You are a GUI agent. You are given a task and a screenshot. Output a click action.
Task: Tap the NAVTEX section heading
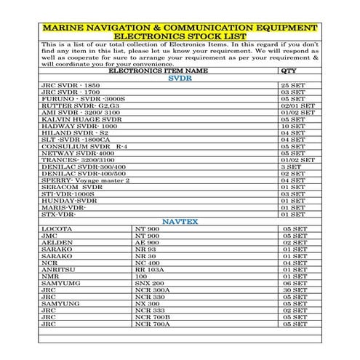(x=180, y=221)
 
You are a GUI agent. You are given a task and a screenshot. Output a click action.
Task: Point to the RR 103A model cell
(x=150, y=269)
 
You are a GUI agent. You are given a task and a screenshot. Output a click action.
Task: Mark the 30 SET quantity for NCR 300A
(x=297, y=289)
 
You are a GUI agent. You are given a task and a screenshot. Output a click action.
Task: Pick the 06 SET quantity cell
(x=297, y=283)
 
